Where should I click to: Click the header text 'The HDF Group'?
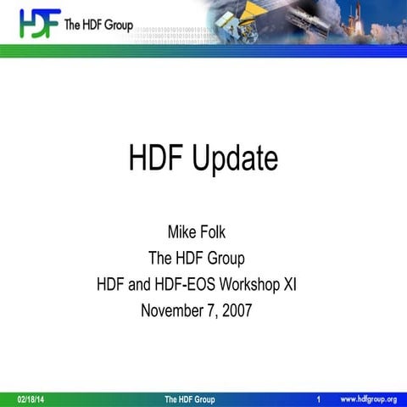point(98,25)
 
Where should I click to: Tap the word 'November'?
point(174,310)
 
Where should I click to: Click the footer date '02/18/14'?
point(32,399)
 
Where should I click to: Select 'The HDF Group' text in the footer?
point(190,399)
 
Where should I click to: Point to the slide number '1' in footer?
point(317,399)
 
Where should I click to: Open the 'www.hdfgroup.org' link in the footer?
point(369,399)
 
